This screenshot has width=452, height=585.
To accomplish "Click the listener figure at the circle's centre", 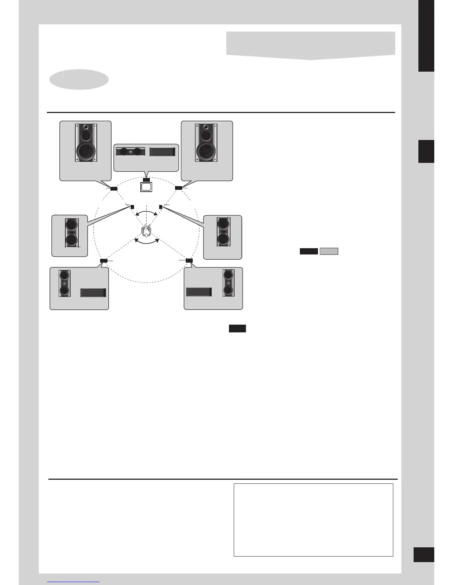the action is click(x=147, y=231).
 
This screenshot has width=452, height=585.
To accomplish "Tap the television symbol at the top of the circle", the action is click(x=146, y=187).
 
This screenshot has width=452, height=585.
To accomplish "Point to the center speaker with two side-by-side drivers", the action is click(x=130, y=151).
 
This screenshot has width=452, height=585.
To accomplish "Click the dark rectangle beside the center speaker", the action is click(x=162, y=151).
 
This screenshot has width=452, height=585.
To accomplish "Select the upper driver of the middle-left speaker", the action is click(x=71, y=225).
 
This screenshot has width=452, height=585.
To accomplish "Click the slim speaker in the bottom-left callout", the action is click(x=65, y=283).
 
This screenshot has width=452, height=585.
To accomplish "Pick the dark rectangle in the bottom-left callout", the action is click(x=93, y=292).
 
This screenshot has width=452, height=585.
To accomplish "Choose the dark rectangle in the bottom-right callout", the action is click(x=199, y=292).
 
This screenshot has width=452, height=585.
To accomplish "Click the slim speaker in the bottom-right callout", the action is click(x=228, y=283).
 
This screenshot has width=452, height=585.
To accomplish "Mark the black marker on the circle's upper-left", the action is click(x=114, y=188).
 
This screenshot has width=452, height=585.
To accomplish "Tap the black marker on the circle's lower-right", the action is click(x=189, y=261).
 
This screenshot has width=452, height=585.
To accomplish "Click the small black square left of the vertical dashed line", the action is click(x=132, y=207).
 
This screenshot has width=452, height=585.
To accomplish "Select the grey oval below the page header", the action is click(x=79, y=79).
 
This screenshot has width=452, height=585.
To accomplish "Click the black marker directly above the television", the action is click(x=146, y=180).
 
